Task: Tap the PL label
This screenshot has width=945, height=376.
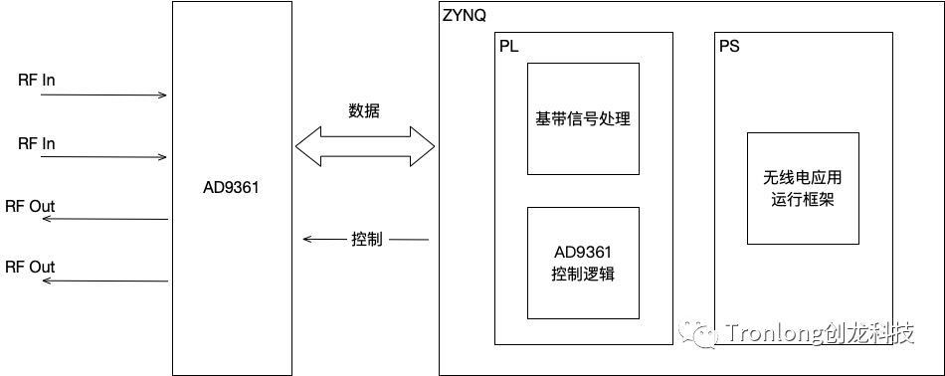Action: point(509,47)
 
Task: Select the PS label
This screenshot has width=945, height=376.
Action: point(729,47)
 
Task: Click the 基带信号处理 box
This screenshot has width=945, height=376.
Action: point(583,119)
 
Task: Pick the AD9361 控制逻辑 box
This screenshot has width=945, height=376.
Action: point(583,263)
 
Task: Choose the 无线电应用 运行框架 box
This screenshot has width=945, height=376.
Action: point(803,188)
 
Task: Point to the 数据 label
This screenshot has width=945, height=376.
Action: point(364,110)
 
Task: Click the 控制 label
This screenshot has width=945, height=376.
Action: point(365,240)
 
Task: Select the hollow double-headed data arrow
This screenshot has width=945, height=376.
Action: point(365,147)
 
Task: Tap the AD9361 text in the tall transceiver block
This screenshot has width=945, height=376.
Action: point(230,187)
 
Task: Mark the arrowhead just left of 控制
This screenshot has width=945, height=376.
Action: point(307,240)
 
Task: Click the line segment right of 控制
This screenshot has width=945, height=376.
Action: point(410,240)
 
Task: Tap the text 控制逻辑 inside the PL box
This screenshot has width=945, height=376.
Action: point(583,274)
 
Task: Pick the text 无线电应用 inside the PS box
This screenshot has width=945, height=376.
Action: point(803,178)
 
